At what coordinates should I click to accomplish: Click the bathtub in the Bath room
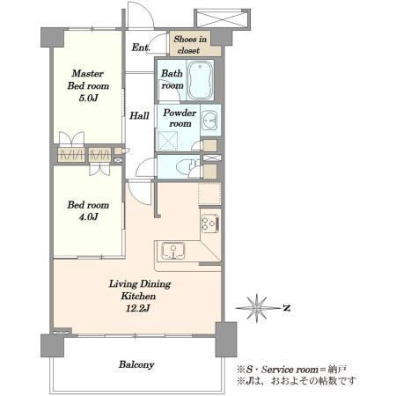[x=200, y=80]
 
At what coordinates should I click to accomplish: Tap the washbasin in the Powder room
[x=209, y=121]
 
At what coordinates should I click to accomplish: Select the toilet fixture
[x=193, y=166]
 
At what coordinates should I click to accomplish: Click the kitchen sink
[x=173, y=251]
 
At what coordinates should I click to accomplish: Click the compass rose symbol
[x=257, y=308]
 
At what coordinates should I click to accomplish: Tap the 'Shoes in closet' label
[x=190, y=45]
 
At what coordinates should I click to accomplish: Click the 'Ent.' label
[x=141, y=47]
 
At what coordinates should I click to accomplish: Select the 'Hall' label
[x=139, y=115]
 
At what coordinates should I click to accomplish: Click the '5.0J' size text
[x=88, y=98]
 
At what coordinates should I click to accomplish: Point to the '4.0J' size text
[x=88, y=216]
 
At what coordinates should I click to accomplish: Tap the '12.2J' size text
[x=138, y=308]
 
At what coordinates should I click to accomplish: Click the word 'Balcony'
[x=136, y=364]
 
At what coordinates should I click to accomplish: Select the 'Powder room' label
[x=180, y=118]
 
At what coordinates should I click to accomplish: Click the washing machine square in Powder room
[x=168, y=141]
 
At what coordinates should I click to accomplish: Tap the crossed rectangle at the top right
[x=222, y=18]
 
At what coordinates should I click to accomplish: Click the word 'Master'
[x=88, y=73]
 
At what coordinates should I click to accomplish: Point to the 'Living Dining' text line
[x=140, y=284]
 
